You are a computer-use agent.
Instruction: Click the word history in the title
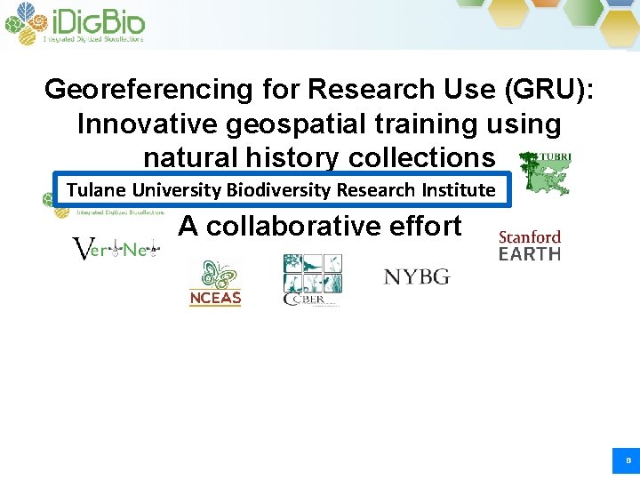point(286,157)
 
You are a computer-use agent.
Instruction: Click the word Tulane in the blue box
point(97,189)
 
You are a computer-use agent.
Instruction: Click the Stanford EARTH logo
point(530,245)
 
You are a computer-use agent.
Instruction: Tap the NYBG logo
point(417,276)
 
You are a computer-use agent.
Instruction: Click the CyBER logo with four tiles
point(312,280)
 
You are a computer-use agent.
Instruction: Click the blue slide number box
point(627,460)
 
